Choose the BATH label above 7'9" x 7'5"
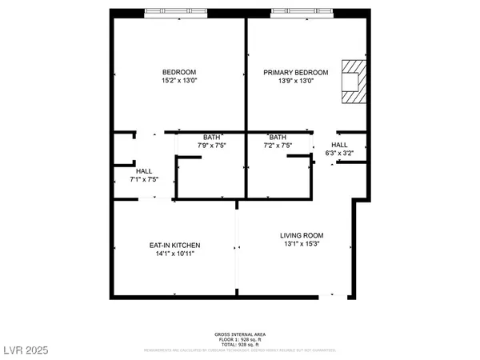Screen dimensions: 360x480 211,137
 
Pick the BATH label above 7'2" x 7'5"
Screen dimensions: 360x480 278,137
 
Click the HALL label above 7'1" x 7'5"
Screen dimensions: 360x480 144,171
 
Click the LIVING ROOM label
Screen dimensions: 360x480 302,235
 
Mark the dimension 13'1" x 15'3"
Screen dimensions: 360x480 302,244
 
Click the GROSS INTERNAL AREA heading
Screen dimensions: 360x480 239,334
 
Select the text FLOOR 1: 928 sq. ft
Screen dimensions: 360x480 239,339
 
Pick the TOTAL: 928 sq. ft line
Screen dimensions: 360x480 239,345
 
